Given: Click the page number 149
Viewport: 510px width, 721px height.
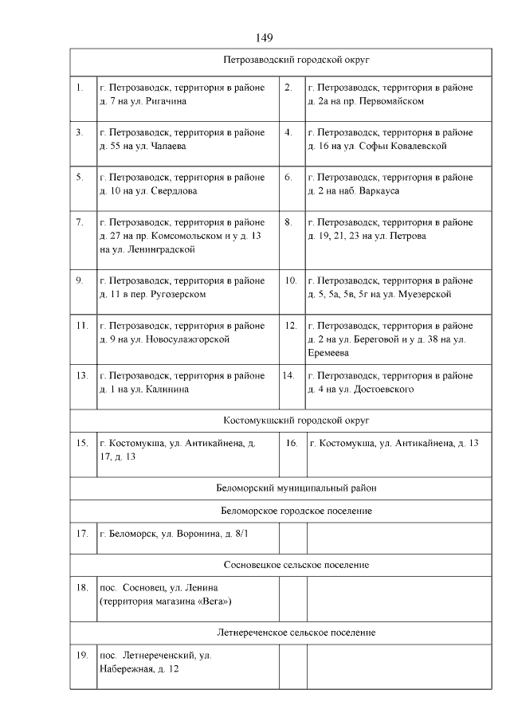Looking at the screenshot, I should pos(265,37).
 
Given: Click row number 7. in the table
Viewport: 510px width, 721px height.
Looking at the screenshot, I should pos(80,222).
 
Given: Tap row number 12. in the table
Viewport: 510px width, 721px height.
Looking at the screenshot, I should pos(291,325).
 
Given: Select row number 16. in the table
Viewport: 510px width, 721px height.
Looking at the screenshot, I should pos(291,443).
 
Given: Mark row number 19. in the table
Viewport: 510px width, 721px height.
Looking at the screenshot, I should pos(81,655).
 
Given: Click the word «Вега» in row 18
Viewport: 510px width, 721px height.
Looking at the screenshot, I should pos(214,601).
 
